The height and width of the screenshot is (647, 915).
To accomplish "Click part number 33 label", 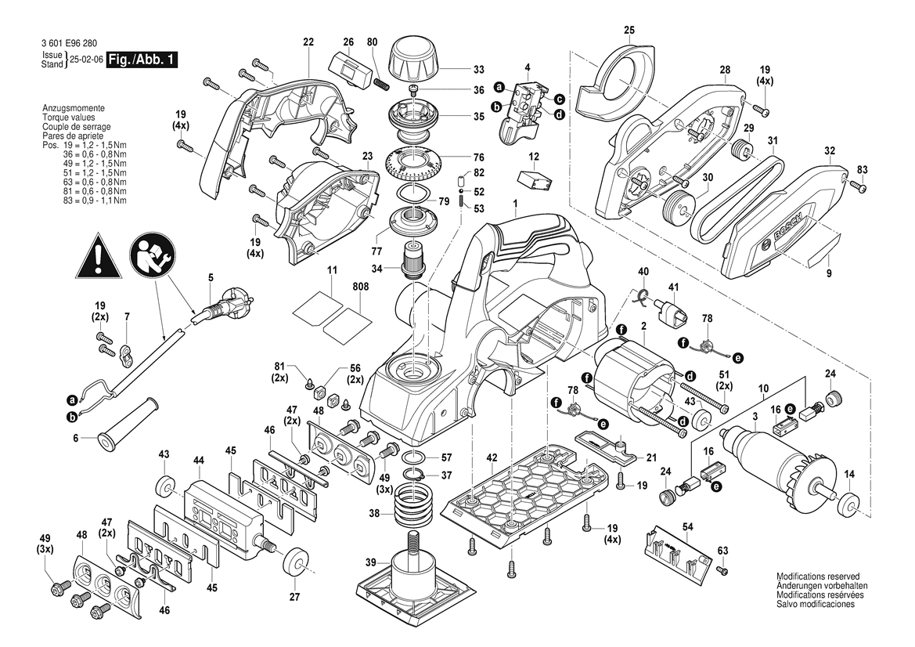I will coord(478,69).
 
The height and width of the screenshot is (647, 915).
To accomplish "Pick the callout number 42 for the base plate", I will coord(492,457).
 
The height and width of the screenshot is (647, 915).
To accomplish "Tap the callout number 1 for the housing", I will coord(516,204).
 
